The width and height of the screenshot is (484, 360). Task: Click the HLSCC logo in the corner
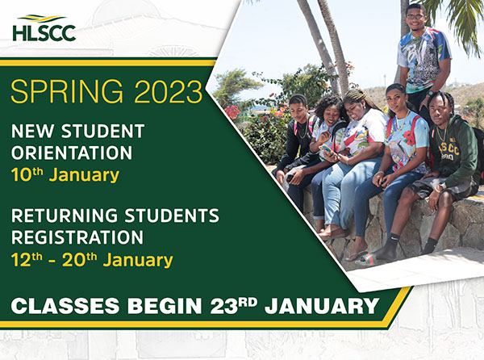tap(44, 28)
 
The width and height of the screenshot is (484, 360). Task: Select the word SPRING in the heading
tap(67, 91)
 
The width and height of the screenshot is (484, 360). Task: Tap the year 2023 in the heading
tap(169, 91)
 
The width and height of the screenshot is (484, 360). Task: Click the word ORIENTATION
tap(72, 153)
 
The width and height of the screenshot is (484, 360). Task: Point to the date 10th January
tap(65, 175)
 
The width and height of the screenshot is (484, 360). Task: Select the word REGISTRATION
tap(77, 237)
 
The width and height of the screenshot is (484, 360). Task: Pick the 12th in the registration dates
tap(27, 260)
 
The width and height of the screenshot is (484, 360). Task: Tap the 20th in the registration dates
tap(79, 260)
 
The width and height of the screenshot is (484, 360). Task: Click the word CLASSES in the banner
tap(65, 306)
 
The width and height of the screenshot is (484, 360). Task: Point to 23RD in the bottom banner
tap(234, 306)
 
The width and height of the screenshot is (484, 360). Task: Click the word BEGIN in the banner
tap(165, 306)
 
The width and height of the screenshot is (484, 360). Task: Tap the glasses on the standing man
tap(415, 17)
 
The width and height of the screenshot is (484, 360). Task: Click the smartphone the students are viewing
tap(328, 149)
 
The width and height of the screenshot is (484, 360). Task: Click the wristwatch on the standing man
tap(430, 93)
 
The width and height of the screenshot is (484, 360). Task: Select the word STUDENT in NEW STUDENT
tap(102, 131)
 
